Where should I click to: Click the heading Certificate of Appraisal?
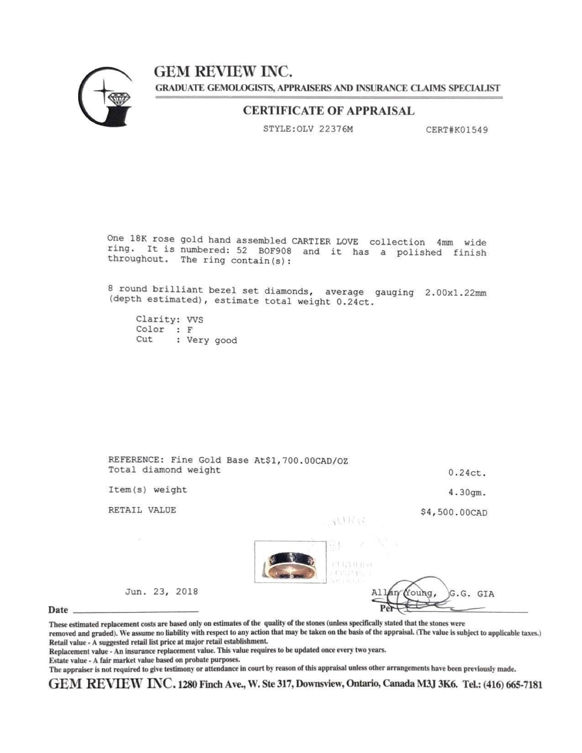tap(328, 111)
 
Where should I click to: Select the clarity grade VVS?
tap(195, 319)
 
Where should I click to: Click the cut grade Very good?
tap(212, 340)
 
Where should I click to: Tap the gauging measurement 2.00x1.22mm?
tap(455, 293)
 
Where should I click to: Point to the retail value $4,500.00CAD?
tap(454, 512)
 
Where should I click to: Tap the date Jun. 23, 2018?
tap(162, 592)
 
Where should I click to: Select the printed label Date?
tap(58, 610)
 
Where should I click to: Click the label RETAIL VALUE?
tap(142, 510)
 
